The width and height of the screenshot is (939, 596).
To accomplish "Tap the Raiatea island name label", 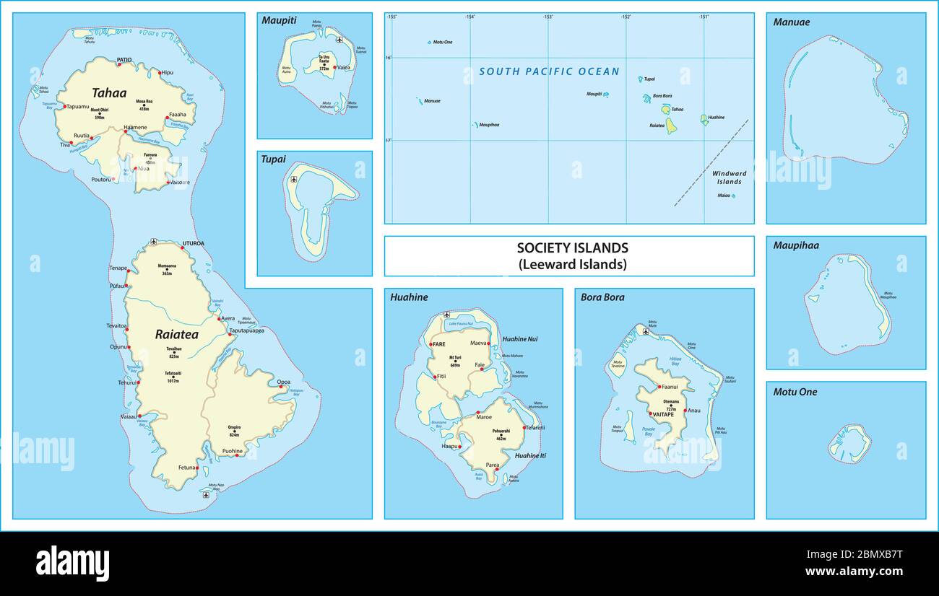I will [176, 334].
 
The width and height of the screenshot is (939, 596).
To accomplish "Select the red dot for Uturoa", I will [182, 247].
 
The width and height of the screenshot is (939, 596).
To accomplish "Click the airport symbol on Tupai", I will [293, 179].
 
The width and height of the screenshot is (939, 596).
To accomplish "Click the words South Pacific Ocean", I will [549, 71].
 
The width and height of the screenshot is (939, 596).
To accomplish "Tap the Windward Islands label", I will [729, 178].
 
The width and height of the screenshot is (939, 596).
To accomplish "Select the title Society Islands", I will [572, 248].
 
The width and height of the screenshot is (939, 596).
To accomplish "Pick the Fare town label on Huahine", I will [440, 344].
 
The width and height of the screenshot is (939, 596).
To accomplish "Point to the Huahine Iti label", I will [529, 455].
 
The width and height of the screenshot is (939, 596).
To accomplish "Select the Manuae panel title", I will [791, 22].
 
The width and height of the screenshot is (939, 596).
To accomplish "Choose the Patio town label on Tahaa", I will [124, 60].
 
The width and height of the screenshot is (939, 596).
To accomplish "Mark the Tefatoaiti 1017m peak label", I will [173, 376].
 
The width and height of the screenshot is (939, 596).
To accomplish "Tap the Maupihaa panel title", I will [796, 246].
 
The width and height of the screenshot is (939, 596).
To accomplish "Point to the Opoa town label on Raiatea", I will [284, 381].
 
